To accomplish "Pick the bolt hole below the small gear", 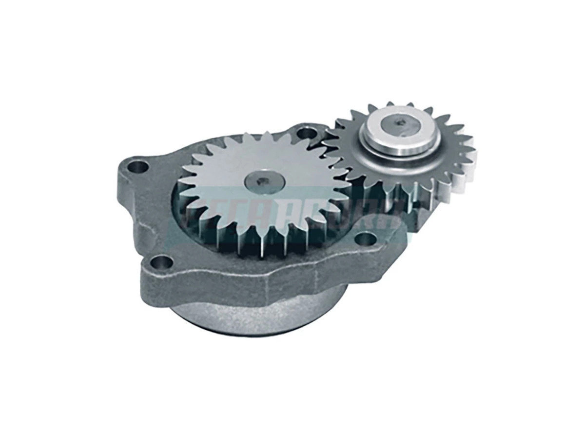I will coord(365,240).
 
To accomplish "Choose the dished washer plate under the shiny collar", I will coord(370,156).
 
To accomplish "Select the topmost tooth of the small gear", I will coord(390,105).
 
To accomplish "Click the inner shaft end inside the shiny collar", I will coord(401,124).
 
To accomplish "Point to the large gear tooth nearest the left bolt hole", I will coord(187,168).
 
